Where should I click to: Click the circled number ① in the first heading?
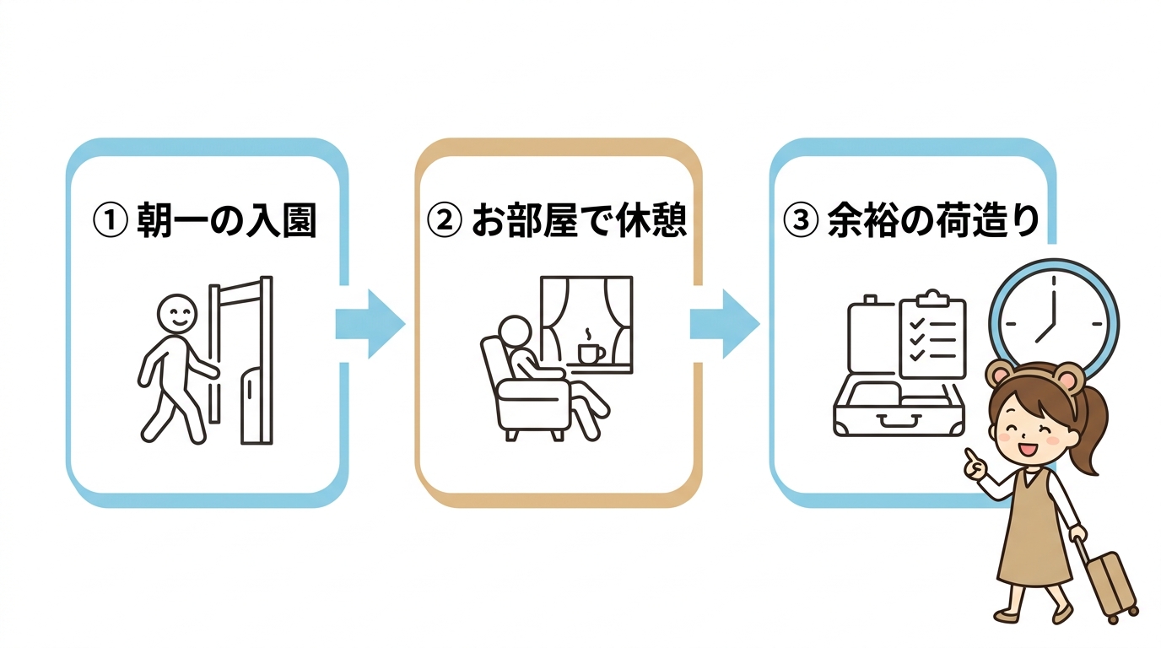pyautogui.click(x=109, y=222)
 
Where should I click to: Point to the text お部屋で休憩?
pyautogui.click(x=579, y=221)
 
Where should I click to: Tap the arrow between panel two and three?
pyautogui.click(x=724, y=324)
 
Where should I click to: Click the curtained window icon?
pyautogui.click(x=586, y=316)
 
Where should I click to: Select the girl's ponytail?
pyautogui.click(x=1098, y=430)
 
